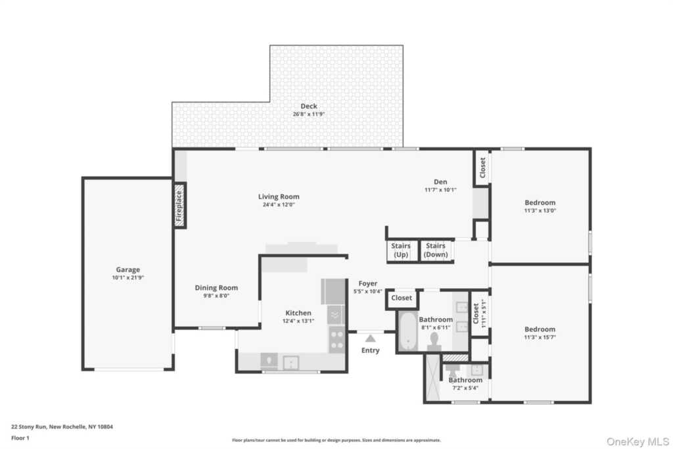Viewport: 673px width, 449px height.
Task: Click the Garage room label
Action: click(x=128, y=270)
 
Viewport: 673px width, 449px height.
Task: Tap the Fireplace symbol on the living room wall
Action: click(x=179, y=206)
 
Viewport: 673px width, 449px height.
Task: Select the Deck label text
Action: click(x=309, y=106)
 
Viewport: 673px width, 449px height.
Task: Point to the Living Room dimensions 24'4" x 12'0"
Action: click(x=279, y=204)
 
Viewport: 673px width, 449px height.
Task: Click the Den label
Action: click(x=440, y=182)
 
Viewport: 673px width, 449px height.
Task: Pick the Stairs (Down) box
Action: click(x=436, y=250)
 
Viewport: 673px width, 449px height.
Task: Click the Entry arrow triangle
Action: click(x=371, y=339)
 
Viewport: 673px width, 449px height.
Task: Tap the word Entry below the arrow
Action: click(x=371, y=350)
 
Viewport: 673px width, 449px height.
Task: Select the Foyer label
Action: click(x=368, y=283)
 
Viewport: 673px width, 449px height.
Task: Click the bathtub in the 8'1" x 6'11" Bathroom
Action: click(x=407, y=331)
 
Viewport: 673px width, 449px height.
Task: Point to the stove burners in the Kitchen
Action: click(x=337, y=339)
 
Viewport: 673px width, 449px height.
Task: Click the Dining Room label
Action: click(x=216, y=287)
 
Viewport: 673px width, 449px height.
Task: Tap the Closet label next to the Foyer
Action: click(x=402, y=298)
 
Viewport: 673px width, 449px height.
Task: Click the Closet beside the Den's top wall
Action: click(x=482, y=168)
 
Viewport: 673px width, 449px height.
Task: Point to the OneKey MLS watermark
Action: click(x=638, y=441)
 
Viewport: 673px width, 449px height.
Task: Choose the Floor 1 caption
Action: click(x=20, y=438)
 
